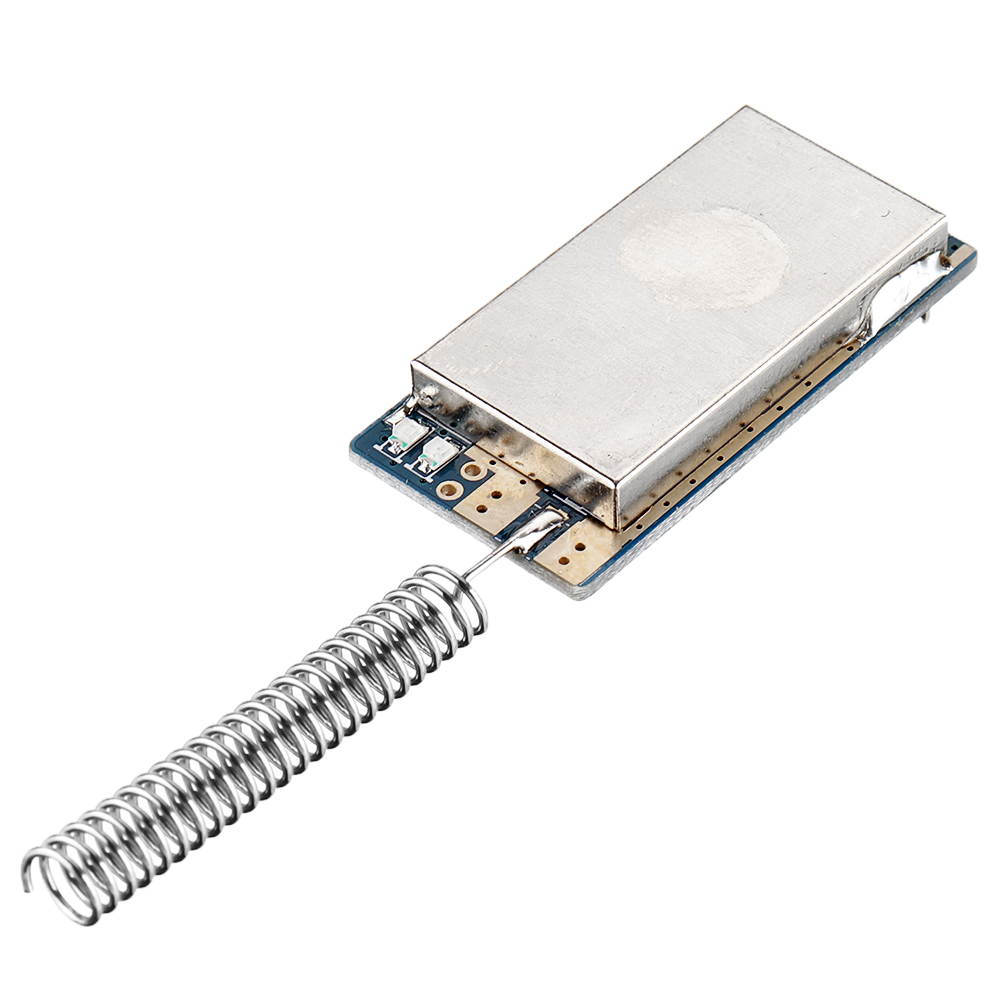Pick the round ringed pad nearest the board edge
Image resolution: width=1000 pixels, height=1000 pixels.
click(451, 490)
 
